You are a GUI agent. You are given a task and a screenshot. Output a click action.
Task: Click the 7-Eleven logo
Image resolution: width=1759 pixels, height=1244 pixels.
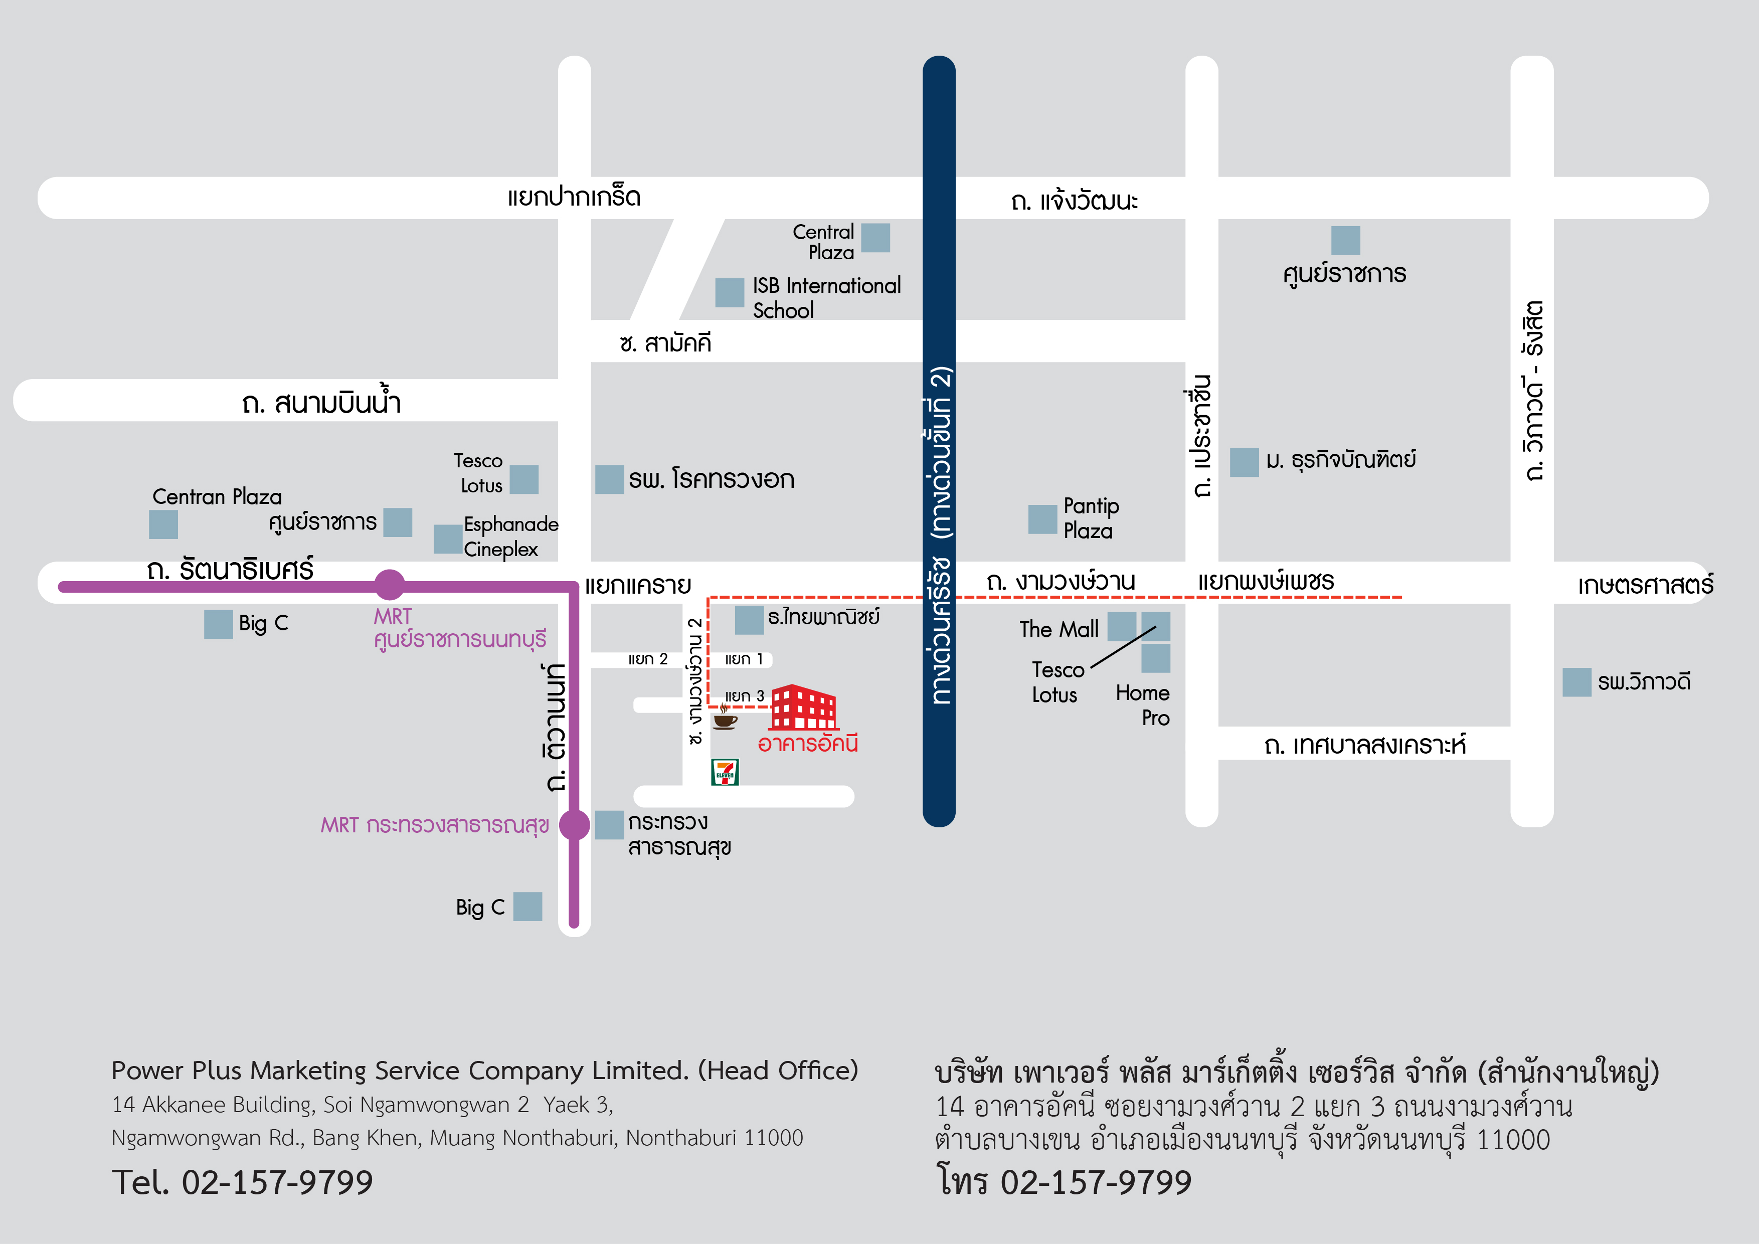(x=725, y=772)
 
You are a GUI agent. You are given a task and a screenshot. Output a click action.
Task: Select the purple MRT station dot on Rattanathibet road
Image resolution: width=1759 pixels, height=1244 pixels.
(x=389, y=585)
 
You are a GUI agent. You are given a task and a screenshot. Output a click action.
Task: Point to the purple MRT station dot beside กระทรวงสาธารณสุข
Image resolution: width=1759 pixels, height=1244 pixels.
(x=575, y=825)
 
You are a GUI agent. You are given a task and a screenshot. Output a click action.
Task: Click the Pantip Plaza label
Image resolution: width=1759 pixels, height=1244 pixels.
(x=1091, y=518)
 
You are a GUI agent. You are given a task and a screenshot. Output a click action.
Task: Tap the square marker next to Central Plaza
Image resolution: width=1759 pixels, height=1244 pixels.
(x=875, y=238)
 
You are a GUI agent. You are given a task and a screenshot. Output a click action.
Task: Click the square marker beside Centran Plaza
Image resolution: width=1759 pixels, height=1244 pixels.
(x=163, y=524)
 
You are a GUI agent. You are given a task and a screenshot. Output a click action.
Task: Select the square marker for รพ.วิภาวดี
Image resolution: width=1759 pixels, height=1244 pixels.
(x=1576, y=682)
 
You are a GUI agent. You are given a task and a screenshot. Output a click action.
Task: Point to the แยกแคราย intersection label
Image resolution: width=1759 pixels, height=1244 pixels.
(x=638, y=585)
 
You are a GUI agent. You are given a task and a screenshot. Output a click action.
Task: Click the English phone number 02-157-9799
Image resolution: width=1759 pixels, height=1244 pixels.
(x=277, y=1182)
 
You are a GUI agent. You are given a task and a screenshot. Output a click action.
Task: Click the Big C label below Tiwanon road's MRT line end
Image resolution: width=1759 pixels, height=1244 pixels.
(x=480, y=907)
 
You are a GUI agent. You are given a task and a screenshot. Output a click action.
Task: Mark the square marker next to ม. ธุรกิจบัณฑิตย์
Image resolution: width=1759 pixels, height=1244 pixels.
(x=1244, y=462)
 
